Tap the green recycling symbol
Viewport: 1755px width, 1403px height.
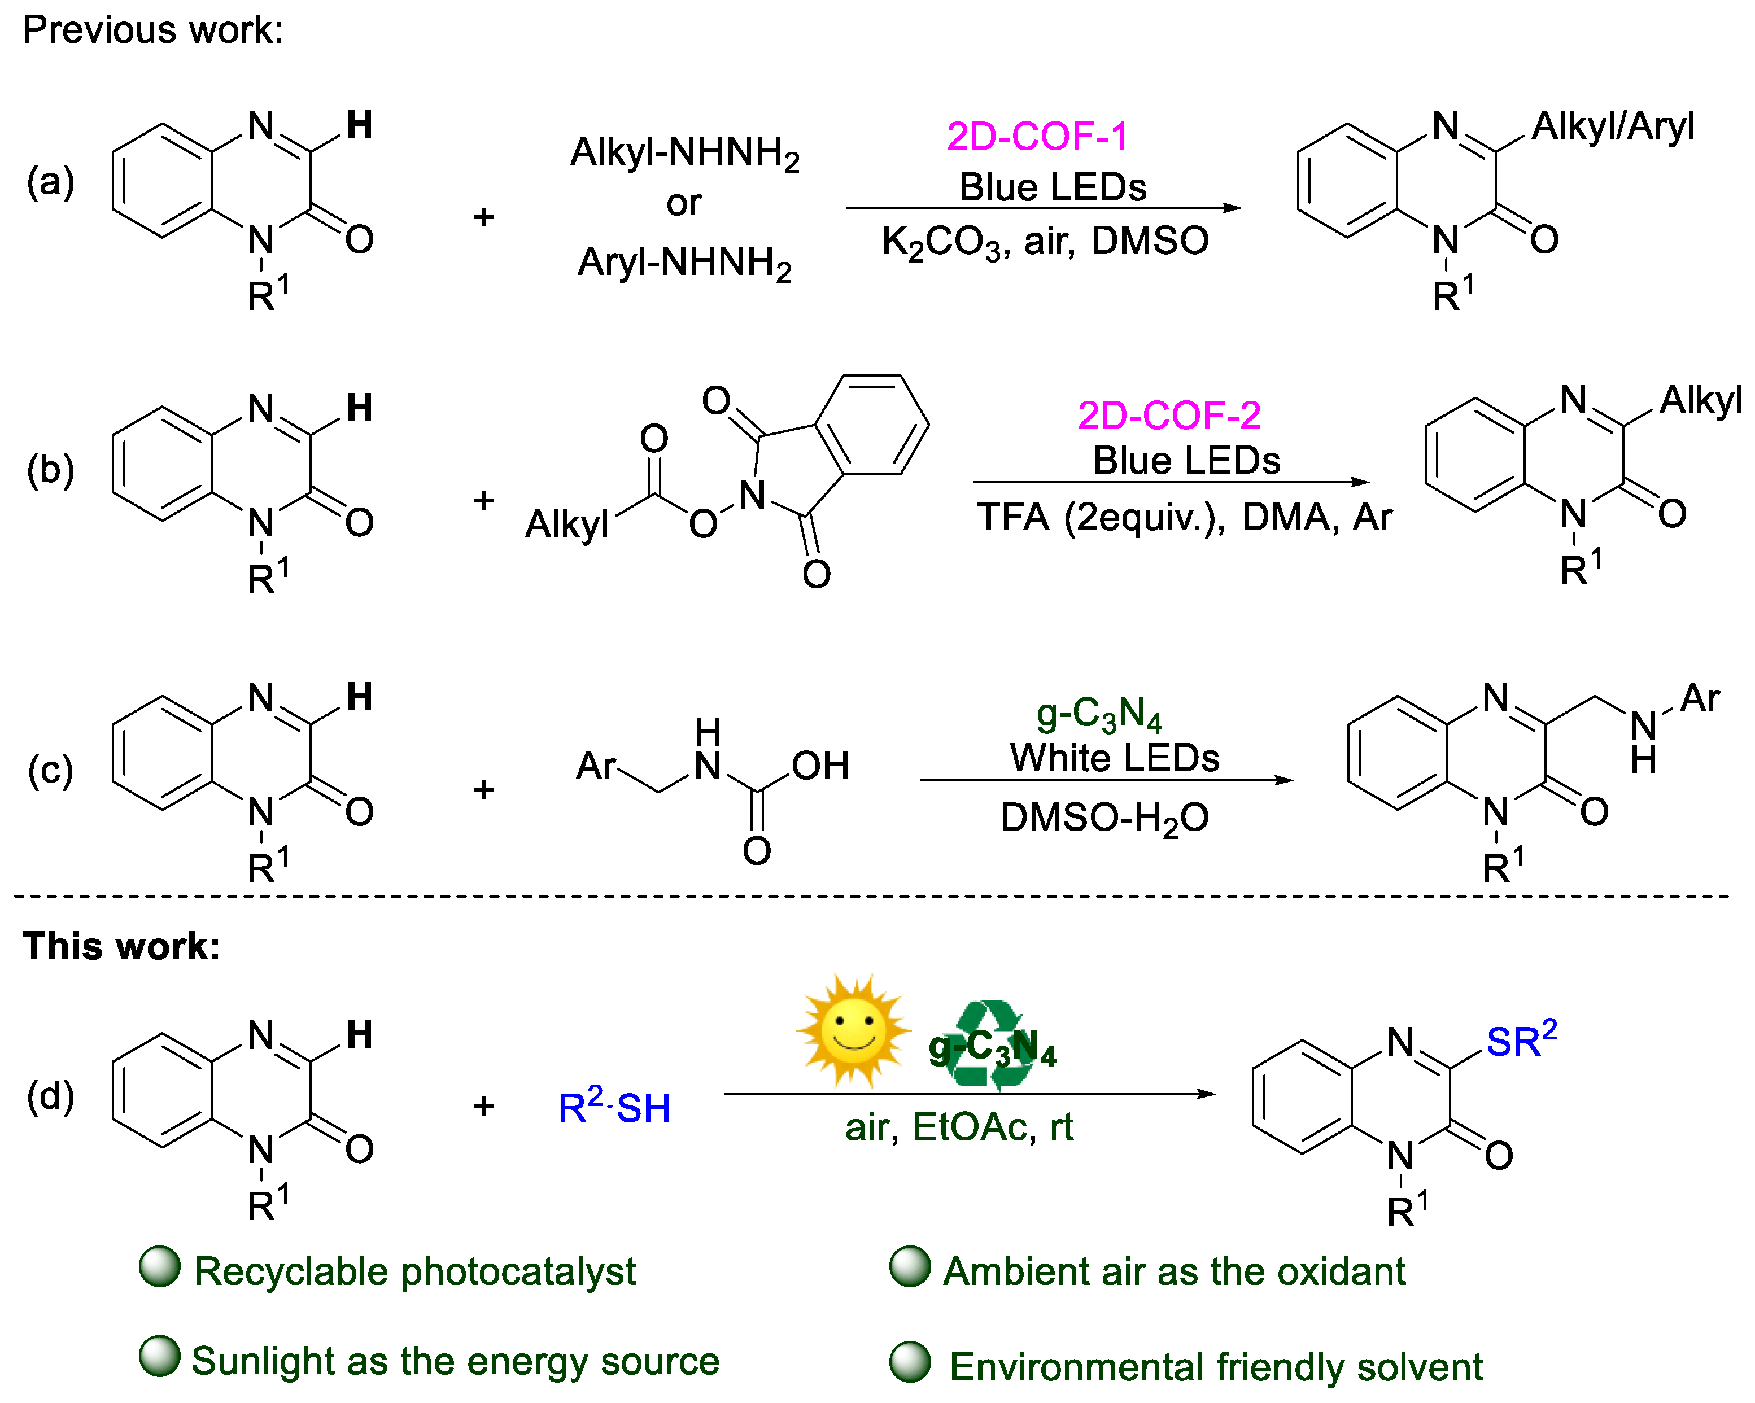click(x=988, y=1045)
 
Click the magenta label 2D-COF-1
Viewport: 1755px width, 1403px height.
click(x=1037, y=136)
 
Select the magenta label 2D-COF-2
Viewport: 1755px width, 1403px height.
click(x=1168, y=416)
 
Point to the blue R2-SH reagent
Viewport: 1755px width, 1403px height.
click(x=614, y=1106)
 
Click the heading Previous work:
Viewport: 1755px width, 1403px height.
click(x=153, y=30)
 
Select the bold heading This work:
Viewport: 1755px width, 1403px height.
click(x=122, y=946)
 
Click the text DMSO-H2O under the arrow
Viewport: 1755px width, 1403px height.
click(x=1104, y=817)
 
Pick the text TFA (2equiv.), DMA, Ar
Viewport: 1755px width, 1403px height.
click(x=1184, y=518)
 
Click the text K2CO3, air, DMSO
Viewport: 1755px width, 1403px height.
click(x=1045, y=242)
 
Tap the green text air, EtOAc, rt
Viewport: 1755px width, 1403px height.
click(x=959, y=1126)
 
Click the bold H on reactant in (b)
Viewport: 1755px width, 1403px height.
click(x=359, y=408)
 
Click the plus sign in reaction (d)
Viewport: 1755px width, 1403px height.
click(x=483, y=1106)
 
